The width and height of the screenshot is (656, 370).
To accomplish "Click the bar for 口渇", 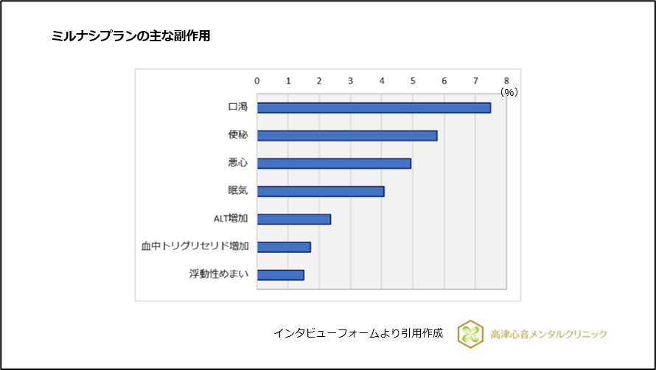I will tap(374, 108).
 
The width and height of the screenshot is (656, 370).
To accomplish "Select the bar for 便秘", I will tap(346, 136).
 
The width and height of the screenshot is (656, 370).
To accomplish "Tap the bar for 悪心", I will tap(334, 163).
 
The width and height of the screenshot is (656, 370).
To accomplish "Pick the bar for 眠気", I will tap(321, 192).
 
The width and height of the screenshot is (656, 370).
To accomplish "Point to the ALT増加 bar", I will tap(293, 219).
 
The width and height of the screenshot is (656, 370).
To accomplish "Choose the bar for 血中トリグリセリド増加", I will tap(284, 247).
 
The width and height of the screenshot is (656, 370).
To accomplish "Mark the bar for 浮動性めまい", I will tap(280, 275).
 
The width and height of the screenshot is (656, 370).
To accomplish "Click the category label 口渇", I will tap(237, 108).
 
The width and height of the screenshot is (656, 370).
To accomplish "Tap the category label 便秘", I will tap(237, 136).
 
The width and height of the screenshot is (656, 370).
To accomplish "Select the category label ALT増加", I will tap(230, 219).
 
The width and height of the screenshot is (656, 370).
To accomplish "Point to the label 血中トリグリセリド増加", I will tap(195, 247).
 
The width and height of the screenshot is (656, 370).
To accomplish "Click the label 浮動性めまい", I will tap(218, 275).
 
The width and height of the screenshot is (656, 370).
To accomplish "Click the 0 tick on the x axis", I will tap(257, 80).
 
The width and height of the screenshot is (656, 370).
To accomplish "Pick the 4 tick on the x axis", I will tap(382, 80).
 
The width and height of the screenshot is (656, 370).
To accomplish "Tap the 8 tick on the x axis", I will tap(506, 80).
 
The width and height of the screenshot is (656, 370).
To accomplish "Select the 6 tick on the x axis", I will tap(444, 80).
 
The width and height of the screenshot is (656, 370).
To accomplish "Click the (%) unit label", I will tap(509, 92).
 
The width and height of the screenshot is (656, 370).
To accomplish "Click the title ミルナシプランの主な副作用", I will tap(131, 35).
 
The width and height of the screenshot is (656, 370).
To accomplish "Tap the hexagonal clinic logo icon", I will tap(470, 333).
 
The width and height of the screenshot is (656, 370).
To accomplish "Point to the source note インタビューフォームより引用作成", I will tap(358, 333).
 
